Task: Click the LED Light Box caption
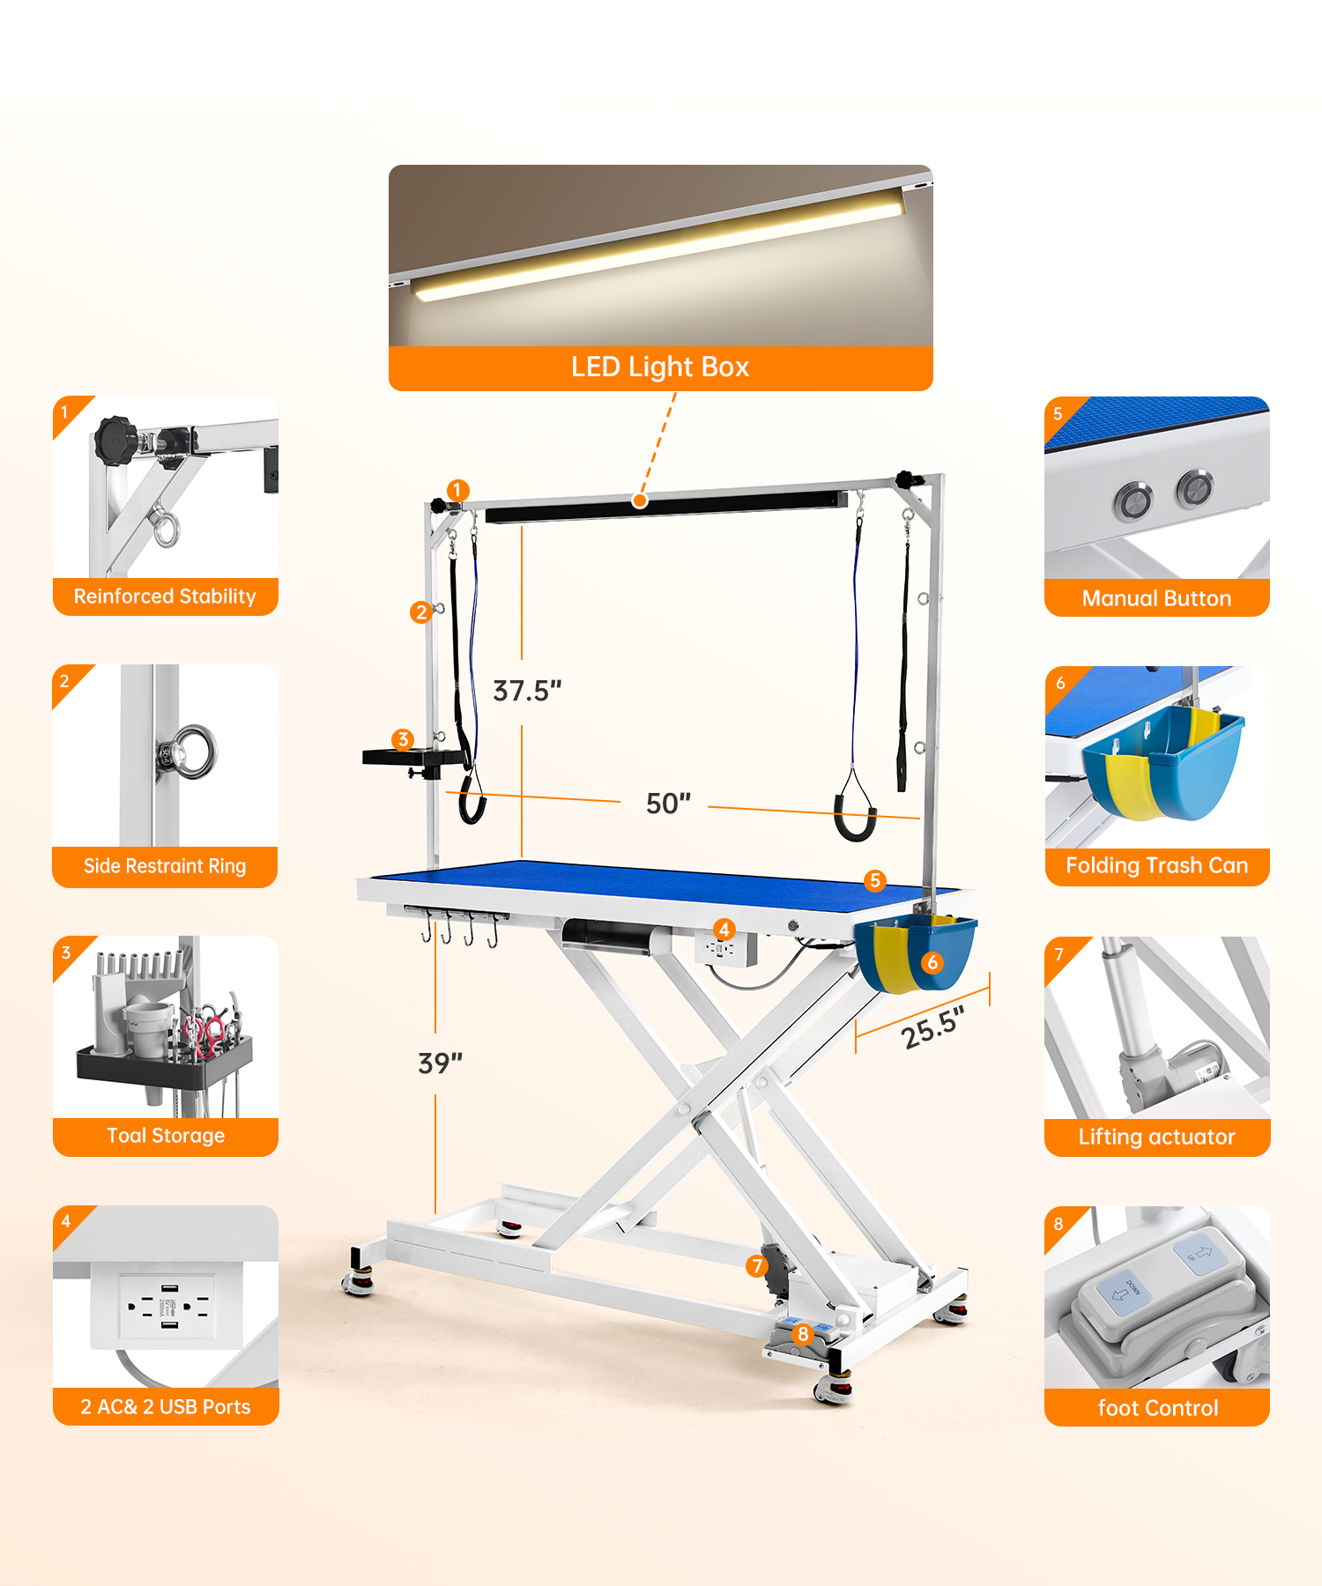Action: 660,367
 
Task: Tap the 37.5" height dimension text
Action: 527,691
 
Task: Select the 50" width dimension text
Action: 668,804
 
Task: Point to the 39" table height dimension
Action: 440,1064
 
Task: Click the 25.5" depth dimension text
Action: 933,1027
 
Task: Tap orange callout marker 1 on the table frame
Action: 457,490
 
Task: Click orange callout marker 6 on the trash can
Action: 932,962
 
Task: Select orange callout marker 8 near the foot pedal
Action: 803,1334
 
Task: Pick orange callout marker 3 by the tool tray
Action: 404,739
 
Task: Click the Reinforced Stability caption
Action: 165,597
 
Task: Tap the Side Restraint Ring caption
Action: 165,866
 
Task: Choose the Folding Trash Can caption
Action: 1157,865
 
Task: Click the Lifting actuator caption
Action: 1157,1137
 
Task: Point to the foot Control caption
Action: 1158,1408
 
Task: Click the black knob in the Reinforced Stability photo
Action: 115,439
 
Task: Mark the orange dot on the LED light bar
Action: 641,500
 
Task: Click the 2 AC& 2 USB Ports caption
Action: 166,1407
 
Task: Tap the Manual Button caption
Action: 1157,598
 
